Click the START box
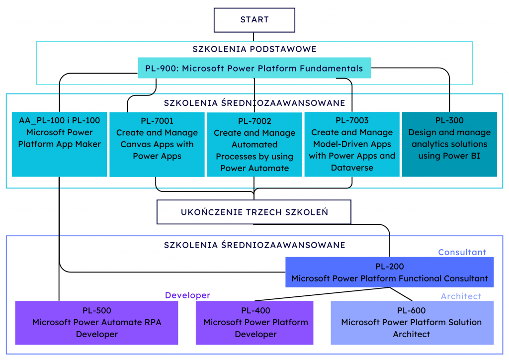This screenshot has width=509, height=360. [x=254, y=20]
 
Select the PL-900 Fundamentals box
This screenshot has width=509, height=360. [x=254, y=68]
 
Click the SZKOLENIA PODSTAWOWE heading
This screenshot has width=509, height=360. [x=254, y=49]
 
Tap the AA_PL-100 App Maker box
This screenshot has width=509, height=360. [x=59, y=144]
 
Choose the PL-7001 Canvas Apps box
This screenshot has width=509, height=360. [x=157, y=145]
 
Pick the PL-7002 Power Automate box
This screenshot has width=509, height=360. [x=254, y=145]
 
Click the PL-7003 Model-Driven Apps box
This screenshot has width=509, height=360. [x=351, y=144]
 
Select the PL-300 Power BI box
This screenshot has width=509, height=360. [x=449, y=144]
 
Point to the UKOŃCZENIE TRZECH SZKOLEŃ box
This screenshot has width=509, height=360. [x=254, y=212]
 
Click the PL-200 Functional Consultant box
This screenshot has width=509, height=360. [x=389, y=272]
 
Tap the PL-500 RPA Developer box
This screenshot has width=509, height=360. [x=96, y=323]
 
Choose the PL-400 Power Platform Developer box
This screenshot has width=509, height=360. [x=255, y=323]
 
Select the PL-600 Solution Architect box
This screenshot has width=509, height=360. [x=412, y=323]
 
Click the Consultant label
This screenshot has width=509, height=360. [x=462, y=252]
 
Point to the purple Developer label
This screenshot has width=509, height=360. [x=187, y=295]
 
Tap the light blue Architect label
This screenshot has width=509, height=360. [x=461, y=296]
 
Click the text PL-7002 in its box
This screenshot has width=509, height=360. [x=254, y=121]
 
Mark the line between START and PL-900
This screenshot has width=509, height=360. [x=254, y=37]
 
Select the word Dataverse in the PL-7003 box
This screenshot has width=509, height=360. [x=351, y=168]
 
